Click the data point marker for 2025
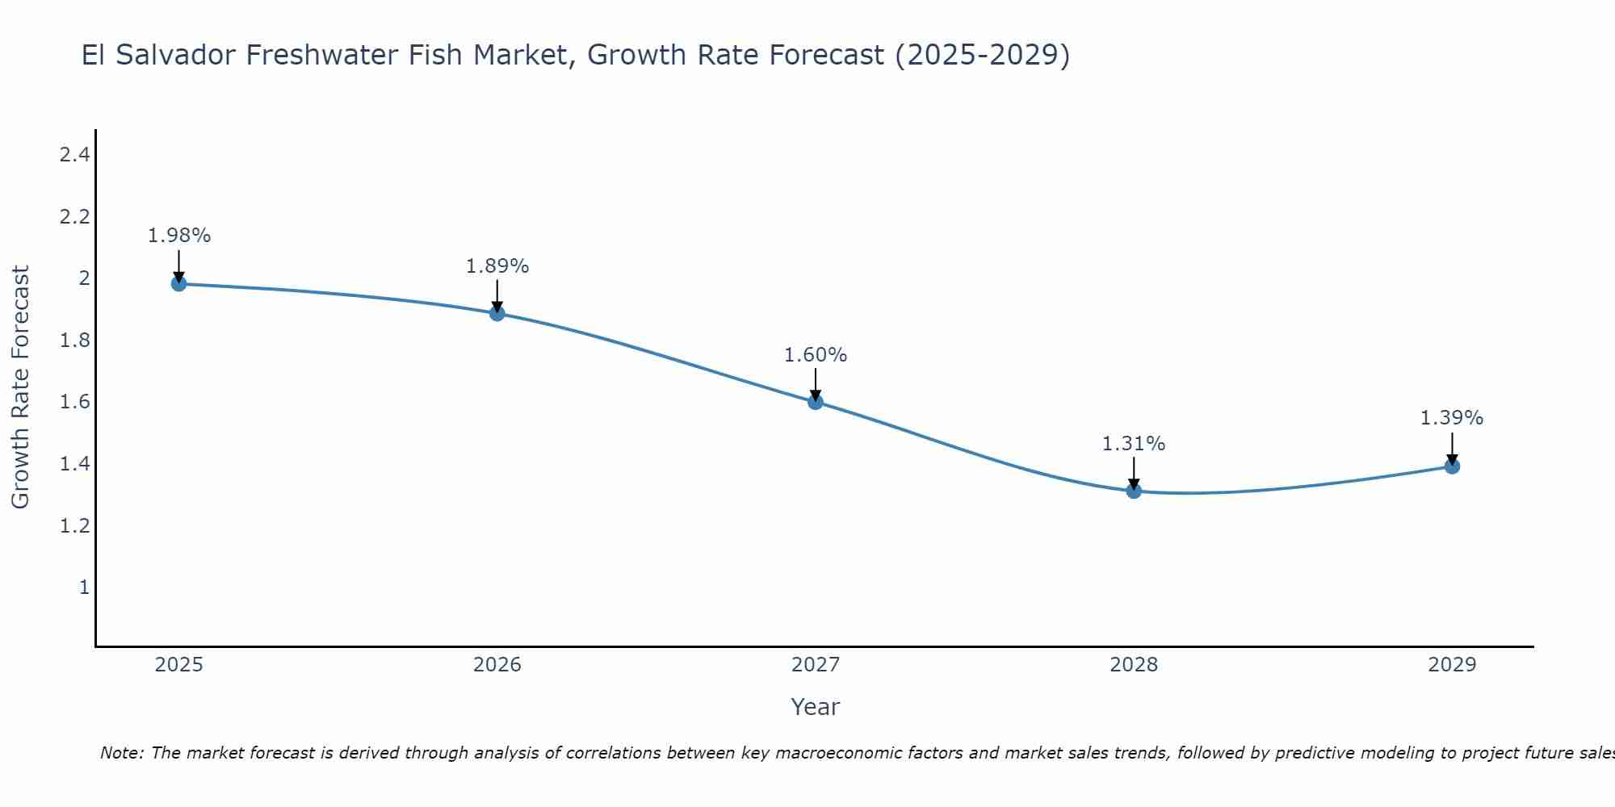179,284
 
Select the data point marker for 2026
497,313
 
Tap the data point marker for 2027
816,402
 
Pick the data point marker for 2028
1134,491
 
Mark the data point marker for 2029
1452,466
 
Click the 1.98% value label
179,236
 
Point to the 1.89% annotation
497,266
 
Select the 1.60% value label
816,355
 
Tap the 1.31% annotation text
1134,444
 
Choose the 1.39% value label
1452,418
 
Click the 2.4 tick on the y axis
74,155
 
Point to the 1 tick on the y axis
84,587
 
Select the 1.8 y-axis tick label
74,341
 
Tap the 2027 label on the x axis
816,665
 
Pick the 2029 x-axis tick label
1452,665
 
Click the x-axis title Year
816,707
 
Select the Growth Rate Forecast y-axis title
21,387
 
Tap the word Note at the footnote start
121,753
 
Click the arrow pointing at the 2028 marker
1134,473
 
